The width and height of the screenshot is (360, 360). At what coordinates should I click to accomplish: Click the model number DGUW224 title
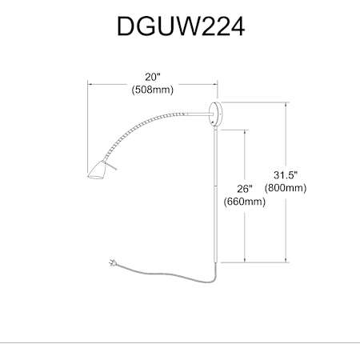181,26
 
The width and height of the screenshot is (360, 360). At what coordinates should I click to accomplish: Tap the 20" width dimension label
153,77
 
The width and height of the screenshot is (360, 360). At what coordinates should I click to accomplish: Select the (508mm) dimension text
153,90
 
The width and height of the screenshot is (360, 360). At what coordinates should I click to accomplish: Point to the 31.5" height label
286,175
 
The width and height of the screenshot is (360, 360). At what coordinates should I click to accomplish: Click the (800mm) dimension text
286,188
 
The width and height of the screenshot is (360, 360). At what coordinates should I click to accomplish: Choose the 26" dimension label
245,189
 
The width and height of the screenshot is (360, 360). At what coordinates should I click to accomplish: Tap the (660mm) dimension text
245,202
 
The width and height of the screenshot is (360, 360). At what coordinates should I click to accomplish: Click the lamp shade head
97,170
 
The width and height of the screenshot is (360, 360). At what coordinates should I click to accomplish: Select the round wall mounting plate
215,114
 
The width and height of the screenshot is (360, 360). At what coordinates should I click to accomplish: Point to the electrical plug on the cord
112,262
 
